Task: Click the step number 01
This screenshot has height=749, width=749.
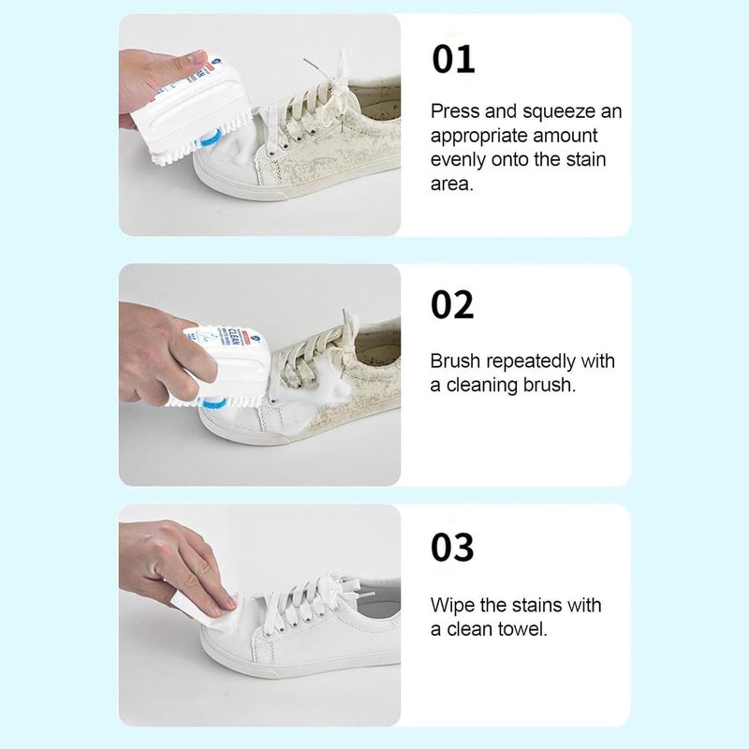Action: pos(453,59)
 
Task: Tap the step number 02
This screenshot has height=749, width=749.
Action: pos(452,305)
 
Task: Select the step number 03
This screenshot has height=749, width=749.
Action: pos(452,548)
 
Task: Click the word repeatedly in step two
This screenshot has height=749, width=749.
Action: pos(531,362)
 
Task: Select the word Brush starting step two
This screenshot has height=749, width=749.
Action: pos(455,361)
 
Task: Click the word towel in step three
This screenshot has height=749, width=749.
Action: pos(522,629)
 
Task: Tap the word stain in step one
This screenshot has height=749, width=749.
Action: pos(586,159)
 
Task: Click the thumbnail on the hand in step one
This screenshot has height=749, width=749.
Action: pos(197,58)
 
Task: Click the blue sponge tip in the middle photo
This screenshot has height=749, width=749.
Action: pos(211,404)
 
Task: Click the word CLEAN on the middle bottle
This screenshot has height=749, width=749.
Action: pos(234,336)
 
